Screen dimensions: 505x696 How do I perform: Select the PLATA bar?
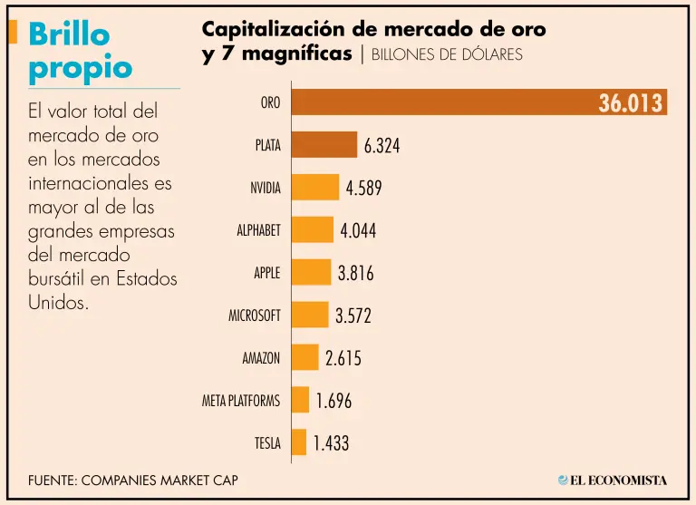click(x=324, y=145)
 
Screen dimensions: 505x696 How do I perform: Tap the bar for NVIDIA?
click(x=315, y=188)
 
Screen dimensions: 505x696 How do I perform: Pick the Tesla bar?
click(x=299, y=442)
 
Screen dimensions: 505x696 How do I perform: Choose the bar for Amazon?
click(x=305, y=357)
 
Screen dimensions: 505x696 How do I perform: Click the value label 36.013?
click(x=631, y=103)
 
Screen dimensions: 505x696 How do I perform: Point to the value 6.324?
click(x=382, y=146)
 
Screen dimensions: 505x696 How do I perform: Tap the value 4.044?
click(x=358, y=230)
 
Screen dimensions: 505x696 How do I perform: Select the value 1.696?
click(x=333, y=401)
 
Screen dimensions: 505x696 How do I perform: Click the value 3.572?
click(x=353, y=316)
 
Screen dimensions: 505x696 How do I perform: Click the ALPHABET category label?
click(x=258, y=230)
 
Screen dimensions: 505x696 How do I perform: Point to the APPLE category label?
click(x=266, y=273)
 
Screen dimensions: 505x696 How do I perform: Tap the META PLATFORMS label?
click(x=240, y=401)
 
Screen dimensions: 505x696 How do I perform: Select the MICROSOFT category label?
click(x=254, y=316)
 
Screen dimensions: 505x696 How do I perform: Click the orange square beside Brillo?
click(x=12, y=33)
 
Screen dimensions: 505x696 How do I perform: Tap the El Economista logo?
click(x=613, y=480)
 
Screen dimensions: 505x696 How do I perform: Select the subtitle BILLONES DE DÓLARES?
click(x=447, y=54)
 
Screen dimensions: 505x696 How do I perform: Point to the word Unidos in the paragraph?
click(x=58, y=302)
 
